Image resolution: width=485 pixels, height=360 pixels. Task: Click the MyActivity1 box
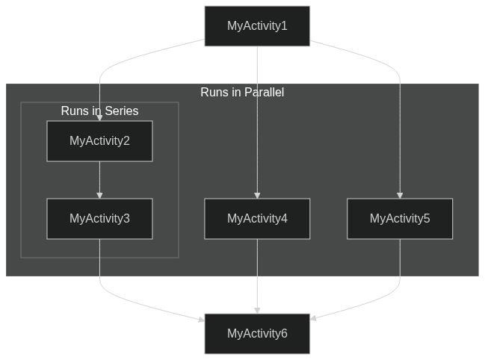click(x=257, y=26)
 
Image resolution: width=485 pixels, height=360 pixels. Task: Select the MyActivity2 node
click(x=99, y=141)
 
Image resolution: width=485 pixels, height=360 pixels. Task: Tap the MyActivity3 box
click(x=99, y=219)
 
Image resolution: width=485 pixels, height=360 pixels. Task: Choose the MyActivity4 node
click(x=257, y=219)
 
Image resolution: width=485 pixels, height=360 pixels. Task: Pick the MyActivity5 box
click(x=399, y=219)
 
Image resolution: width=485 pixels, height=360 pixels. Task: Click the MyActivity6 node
click(x=257, y=334)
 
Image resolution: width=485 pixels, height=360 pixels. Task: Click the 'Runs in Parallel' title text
click(x=242, y=93)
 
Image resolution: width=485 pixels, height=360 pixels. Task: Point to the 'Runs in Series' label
click(x=99, y=111)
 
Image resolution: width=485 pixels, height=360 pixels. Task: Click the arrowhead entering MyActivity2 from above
click(x=99, y=118)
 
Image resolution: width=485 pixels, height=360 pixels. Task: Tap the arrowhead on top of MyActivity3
click(x=99, y=195)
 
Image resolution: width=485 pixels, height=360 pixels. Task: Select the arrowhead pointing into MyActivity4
click(x=257, y=195)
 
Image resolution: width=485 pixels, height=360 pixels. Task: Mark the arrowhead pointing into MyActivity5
click(x=399, y=195)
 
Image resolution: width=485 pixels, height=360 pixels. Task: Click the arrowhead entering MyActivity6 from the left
click(x=200, y=320)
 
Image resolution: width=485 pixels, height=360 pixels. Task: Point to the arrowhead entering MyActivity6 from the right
click(x=314, y=319)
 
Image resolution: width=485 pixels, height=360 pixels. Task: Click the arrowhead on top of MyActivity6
click(x=257, y=310)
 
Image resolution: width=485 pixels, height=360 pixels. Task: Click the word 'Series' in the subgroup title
click(x=121, y=111)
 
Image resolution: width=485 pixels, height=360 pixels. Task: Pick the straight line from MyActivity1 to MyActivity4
click(x=257, y=120)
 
